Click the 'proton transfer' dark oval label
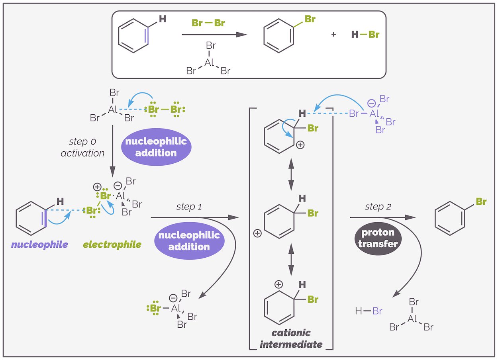pos(378,238)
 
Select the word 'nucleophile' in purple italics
pos(39,244)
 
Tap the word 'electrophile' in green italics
pos(112,244)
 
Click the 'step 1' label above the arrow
pos(189,207)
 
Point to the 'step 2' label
pos(378,207)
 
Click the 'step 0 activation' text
pos(82,147)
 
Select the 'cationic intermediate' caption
pos(291,338)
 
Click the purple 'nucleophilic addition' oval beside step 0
pos(156,147)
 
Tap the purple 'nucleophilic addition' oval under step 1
pos(189,241)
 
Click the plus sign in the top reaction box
pos(333,35)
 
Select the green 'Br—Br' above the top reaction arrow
pos(208,23)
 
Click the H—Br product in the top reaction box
pos(365,35)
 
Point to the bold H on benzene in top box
pos(162,19)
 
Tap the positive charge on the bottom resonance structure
pos(278,284)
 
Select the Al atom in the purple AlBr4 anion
pos(374,114)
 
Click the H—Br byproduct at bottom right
pos(369,311)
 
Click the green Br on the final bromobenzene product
pos(481,202)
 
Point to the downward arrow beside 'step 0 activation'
pos(113,151)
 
